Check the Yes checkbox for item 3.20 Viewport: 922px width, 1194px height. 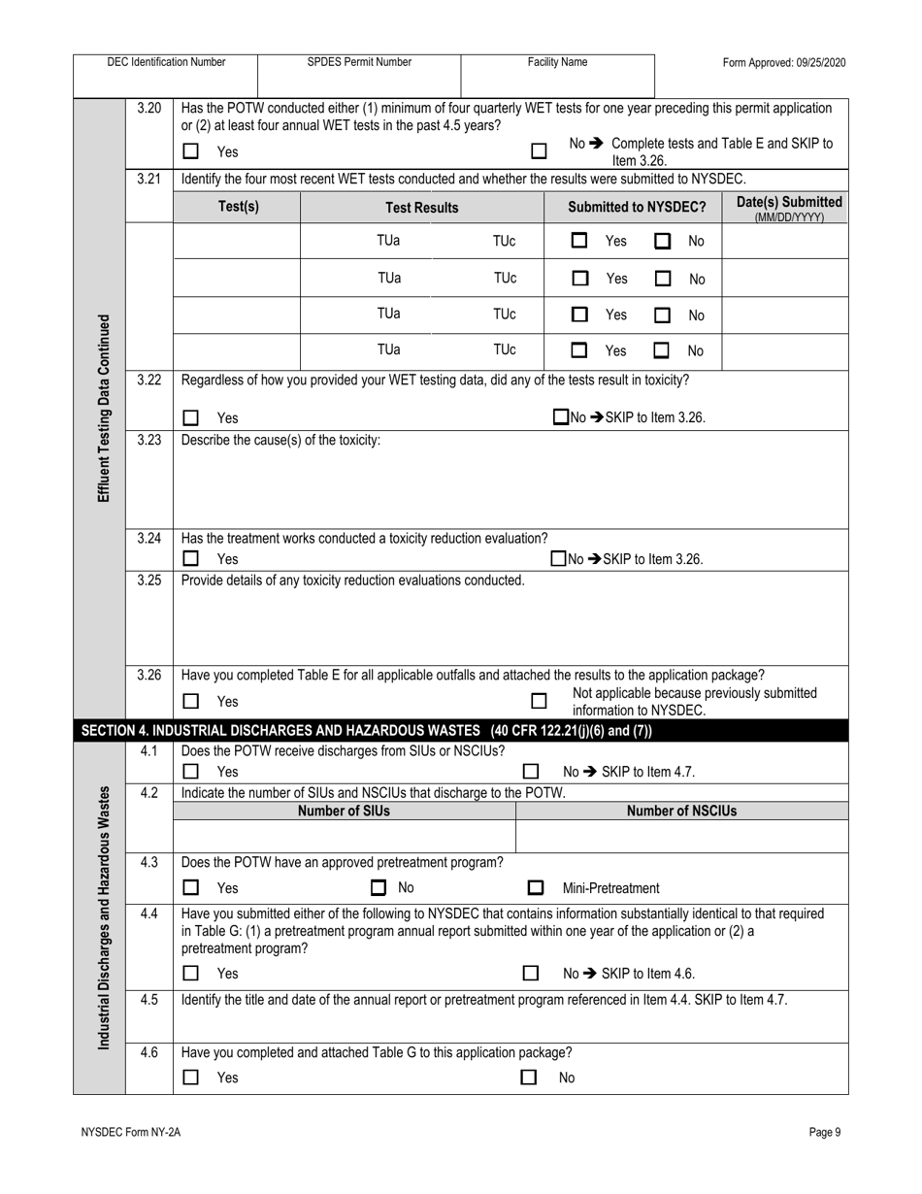191,151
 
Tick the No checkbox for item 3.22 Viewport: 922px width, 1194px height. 560,417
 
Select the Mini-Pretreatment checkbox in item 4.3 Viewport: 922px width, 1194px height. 535,887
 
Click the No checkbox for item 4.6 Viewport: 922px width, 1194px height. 529,1077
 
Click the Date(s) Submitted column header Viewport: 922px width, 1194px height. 783,208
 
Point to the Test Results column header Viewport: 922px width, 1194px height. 422,208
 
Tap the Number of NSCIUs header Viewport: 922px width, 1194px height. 681,811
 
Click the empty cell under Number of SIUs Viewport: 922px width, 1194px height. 345,836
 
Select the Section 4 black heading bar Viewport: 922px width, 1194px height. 461,731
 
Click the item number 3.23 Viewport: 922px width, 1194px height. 148,440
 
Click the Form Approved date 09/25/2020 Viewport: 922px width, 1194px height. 784,62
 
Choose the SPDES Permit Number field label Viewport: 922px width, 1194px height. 359,62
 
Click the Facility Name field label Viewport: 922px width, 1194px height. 557,62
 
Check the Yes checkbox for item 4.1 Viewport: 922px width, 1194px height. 191,772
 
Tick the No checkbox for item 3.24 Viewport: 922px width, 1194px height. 558,558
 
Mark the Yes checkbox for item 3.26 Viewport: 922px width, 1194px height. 191,701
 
